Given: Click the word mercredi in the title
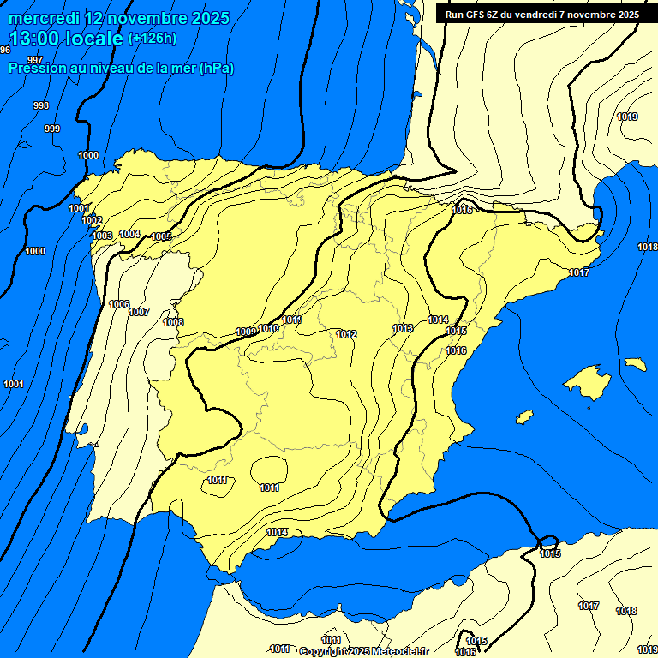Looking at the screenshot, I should [42, 18].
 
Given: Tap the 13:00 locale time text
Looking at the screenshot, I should [65, 38].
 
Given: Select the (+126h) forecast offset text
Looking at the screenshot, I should [152, 38].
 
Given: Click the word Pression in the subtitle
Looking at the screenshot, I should [35, 68].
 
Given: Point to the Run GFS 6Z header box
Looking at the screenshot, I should [541, 14].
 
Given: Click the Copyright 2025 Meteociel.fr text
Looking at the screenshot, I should [363, 652].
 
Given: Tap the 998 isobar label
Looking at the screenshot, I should [40, 105].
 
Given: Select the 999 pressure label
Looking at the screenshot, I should [52, 129].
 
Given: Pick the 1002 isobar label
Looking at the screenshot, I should [93, 220].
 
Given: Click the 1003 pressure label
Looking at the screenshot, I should [102, 236].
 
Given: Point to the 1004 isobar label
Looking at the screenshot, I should [129, 234].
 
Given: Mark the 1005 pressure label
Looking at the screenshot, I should [161, 236].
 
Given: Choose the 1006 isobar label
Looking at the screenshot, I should [119, 304].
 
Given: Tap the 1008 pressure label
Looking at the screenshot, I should [173, 322].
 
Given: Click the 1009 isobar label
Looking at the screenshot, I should [246, 332].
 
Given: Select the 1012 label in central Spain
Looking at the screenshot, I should [347, 334].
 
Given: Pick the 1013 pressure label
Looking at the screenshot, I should [403, 328].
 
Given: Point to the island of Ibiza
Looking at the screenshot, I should [524, 416].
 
